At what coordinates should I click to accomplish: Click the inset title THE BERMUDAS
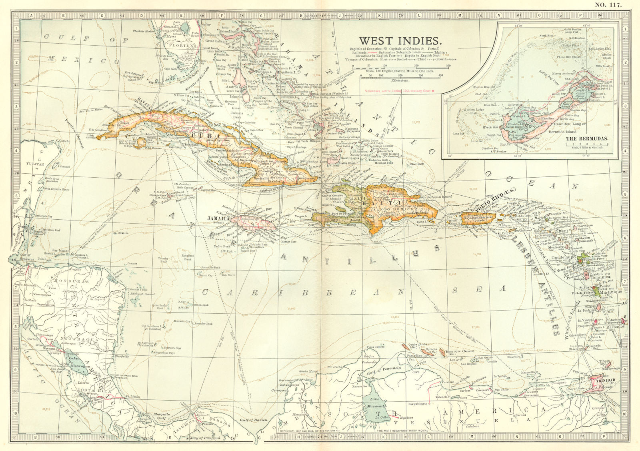point(587,138)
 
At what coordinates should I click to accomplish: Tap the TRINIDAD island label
point(604,381)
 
